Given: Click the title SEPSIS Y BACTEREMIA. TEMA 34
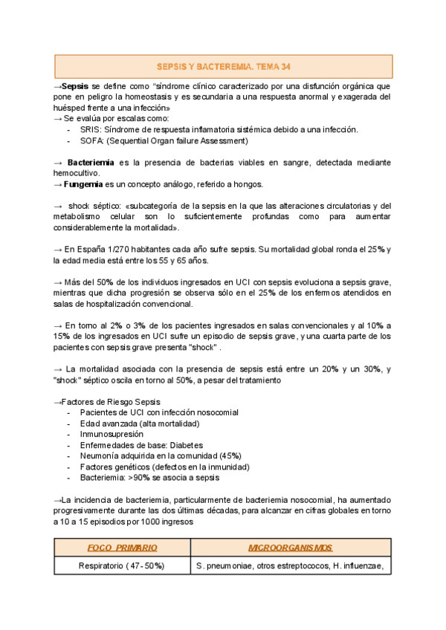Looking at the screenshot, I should point(224,66).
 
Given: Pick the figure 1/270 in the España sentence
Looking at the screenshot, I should point(123,249).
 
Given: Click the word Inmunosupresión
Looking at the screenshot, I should point(111,434).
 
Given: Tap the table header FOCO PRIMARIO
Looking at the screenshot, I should point(122,548).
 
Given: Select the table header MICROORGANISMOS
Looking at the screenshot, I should point(290,548).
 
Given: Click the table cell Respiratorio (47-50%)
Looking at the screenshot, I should point(122,566).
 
